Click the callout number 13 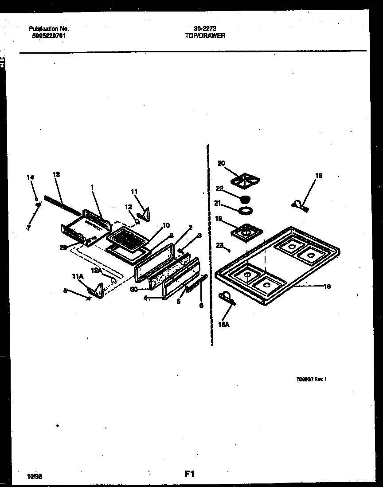[56, 174]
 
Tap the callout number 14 [30, 177]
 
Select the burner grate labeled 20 [245, 179]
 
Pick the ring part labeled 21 [245, 209]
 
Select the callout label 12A [96, 270]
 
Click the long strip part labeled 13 [62, 205]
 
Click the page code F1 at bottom [189, 474]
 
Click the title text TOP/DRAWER [205, 35]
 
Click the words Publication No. [49, 29]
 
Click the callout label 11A [78, 276]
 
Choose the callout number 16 [327, 287]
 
